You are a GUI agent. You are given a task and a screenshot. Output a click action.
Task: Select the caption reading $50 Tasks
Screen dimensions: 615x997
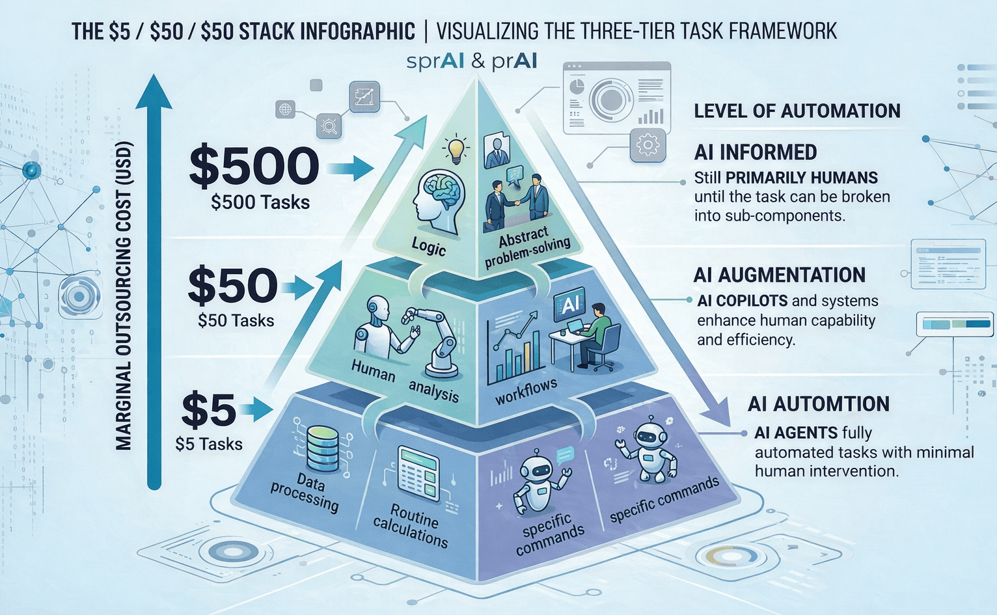(x=236, y=320)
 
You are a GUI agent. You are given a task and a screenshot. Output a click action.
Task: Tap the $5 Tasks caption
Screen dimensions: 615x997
(x=209, y=444)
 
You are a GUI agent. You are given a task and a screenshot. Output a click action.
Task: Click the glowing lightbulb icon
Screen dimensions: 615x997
(x=456, y=149)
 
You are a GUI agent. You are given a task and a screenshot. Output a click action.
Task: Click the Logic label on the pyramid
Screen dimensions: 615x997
(x=429, y=247)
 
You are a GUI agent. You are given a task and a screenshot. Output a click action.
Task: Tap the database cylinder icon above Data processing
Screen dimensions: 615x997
(x=323, y=448)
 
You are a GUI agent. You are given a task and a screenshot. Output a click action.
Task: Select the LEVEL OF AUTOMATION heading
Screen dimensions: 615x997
(x=797, y=111)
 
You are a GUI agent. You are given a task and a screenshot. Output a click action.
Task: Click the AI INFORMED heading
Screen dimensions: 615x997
(x=756, y=152)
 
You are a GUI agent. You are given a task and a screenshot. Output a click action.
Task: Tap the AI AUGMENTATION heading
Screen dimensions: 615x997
(x=780, y=275)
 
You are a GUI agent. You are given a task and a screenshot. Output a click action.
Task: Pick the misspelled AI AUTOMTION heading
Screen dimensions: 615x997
(x=819, y=404)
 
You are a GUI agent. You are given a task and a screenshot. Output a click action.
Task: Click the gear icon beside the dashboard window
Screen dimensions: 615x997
(x=648, y=144)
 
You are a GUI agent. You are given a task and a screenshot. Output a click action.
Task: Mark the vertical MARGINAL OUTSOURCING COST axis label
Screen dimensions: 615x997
(x=124, y=296)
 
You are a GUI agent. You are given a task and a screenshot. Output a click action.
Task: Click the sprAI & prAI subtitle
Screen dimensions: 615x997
(x=472, y=61)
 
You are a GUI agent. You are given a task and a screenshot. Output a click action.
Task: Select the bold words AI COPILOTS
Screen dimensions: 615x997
(x=743, y=301)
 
